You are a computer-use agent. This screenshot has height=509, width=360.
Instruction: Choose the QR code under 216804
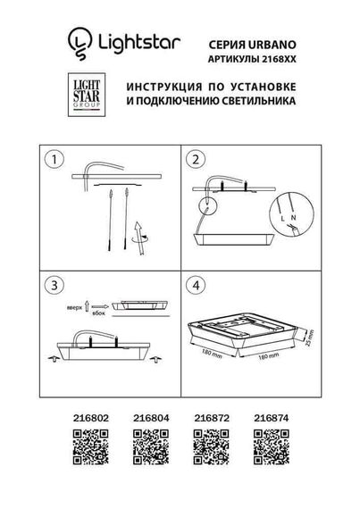coord(147,441)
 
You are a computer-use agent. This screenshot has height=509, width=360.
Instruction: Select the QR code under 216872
coord(207,441)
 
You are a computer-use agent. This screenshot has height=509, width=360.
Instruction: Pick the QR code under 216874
coord(268,441)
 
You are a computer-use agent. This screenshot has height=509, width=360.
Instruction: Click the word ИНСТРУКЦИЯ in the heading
coord(166,88)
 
